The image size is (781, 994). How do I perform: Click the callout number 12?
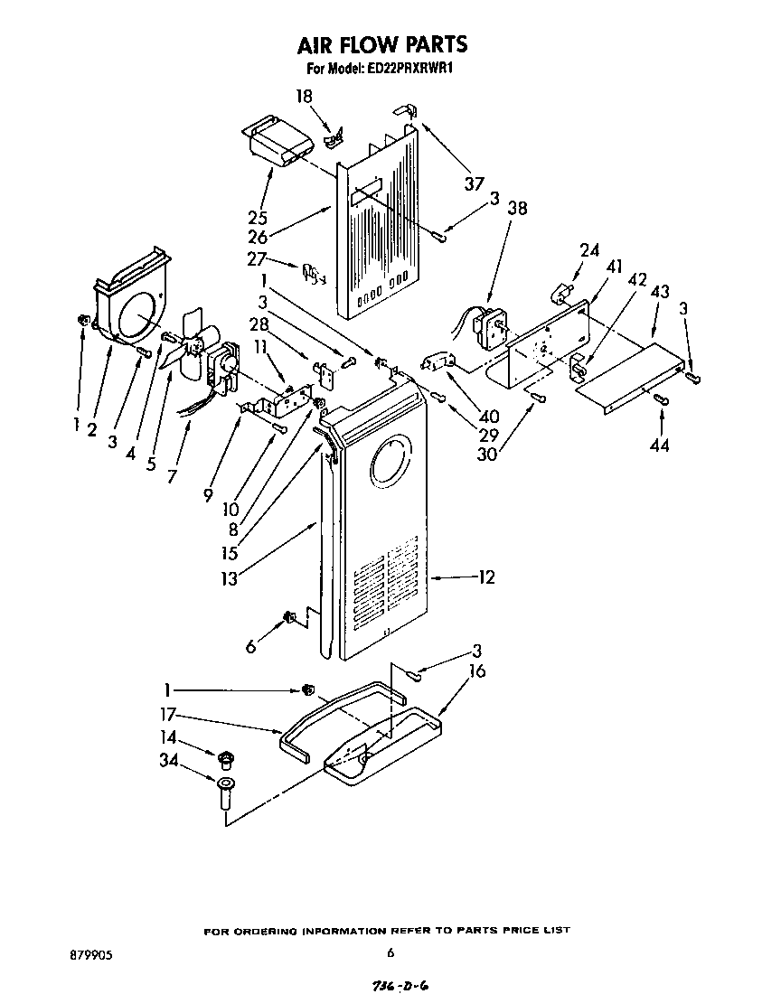[x=485, y=577]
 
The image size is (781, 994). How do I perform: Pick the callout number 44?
[x=660, y=445]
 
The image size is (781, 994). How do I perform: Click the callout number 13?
[x=230, y=578]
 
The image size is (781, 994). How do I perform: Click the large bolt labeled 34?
[x=225, y=792]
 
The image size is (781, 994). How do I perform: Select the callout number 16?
[x=476, y=670]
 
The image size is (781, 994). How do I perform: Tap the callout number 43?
[x=659, y=294]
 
